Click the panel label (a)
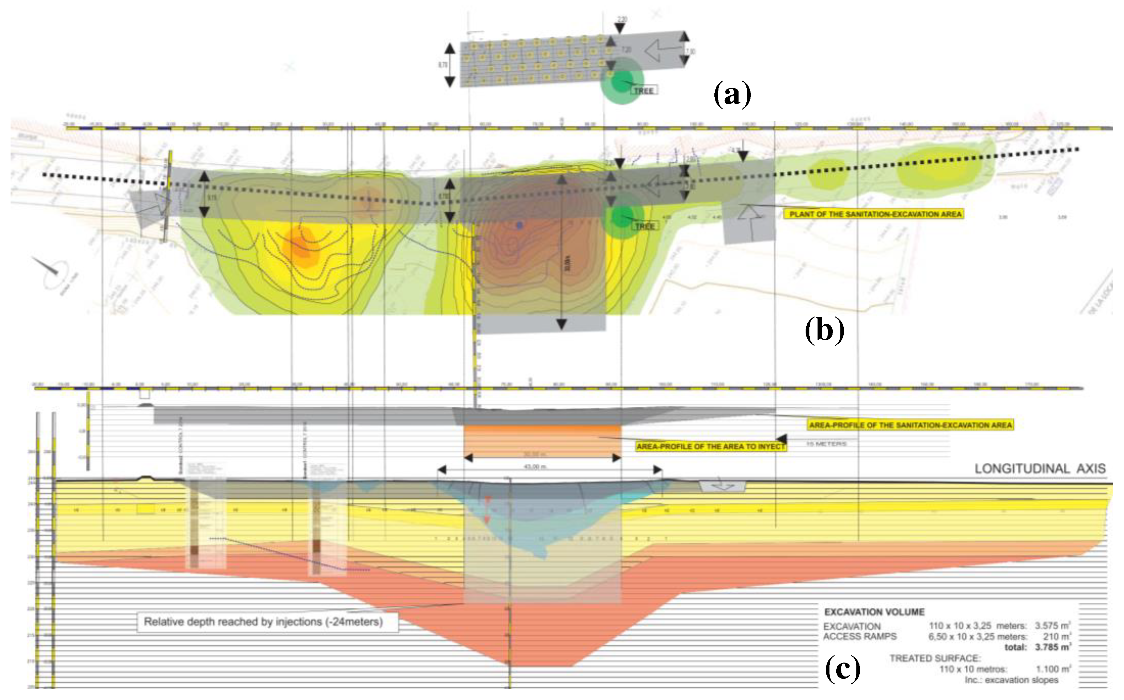click(732, 94)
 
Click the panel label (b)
click(825, 330)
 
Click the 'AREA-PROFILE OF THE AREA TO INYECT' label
click(711, 446)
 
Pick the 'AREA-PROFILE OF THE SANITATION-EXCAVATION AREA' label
click(911, 425)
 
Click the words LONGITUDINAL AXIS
click(1040, 469)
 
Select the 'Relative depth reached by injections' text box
click(263, 622)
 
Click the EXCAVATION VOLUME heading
click(874, 612)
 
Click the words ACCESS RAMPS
click(859, 637)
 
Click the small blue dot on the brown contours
click(520, 226)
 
